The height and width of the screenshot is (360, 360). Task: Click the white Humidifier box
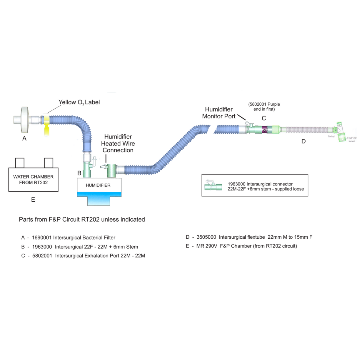pos(99,185)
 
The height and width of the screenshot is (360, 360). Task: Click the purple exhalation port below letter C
pos(264,130)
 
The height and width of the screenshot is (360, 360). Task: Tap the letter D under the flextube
pos(303,141)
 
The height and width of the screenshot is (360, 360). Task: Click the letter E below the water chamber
pos(33,200)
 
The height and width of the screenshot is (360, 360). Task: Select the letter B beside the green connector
pos(79,173)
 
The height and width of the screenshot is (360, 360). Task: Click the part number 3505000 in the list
pos(207,237)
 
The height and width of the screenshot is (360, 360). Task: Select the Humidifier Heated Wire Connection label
pos(118,143)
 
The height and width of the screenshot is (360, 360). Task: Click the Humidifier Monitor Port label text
pos(219,113)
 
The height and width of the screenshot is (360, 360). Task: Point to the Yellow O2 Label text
pos(79,102)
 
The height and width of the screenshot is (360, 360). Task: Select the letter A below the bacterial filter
pos(24,138)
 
